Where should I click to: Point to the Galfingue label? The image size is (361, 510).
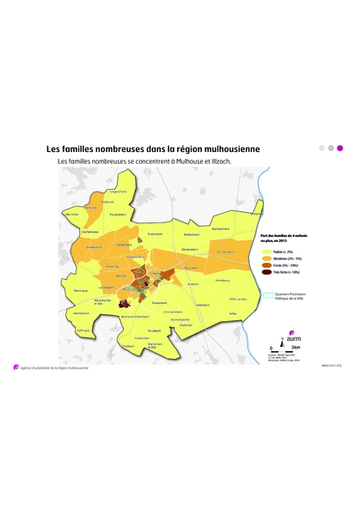click(83, 329)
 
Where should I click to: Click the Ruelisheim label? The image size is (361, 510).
click(156, 234)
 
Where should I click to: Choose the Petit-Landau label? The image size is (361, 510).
click(238, 299)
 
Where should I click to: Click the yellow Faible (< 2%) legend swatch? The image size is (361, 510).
click(265, 253)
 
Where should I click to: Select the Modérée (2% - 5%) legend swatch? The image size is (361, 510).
click(265, 259)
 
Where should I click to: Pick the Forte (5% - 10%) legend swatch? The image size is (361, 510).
click(265, 266)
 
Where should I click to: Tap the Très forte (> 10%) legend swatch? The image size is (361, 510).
click(265, 272)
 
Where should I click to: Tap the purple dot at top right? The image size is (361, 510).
click(339, 148)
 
